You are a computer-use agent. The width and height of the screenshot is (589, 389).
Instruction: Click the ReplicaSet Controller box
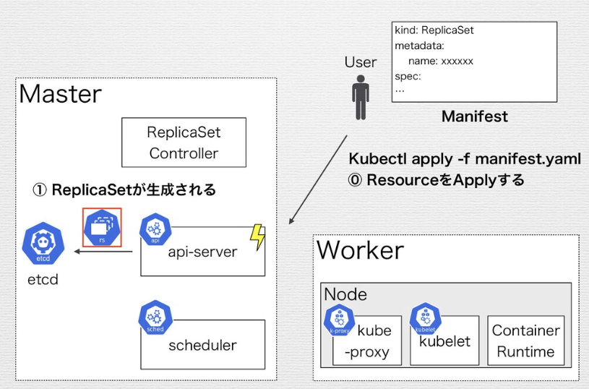click(184, 142)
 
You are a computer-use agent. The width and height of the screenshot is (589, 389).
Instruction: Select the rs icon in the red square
click(102, 227)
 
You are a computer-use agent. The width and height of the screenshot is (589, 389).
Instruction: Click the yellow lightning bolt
click(257, 237)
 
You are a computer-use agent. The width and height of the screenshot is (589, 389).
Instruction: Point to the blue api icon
click(155, 228)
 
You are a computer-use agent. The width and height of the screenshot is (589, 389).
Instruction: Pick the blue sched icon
click(155, 318)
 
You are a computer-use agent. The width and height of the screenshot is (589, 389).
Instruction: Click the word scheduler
click(202, 345)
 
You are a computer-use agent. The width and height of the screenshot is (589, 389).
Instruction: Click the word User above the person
click(360, 62)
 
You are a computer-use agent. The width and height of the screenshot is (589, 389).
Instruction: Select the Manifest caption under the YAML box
click(474, 116)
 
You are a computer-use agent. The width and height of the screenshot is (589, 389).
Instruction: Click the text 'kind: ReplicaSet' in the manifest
click(434, 30)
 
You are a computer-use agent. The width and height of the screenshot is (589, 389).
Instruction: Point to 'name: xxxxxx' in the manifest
click(441, 61)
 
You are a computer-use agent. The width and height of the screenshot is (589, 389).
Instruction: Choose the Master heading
click(60, 94)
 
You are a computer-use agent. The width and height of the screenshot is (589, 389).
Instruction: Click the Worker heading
click(360, 250)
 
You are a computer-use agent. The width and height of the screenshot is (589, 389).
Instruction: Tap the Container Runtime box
click(525, 341)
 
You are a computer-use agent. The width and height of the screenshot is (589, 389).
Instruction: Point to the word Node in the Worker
click(345, 294)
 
